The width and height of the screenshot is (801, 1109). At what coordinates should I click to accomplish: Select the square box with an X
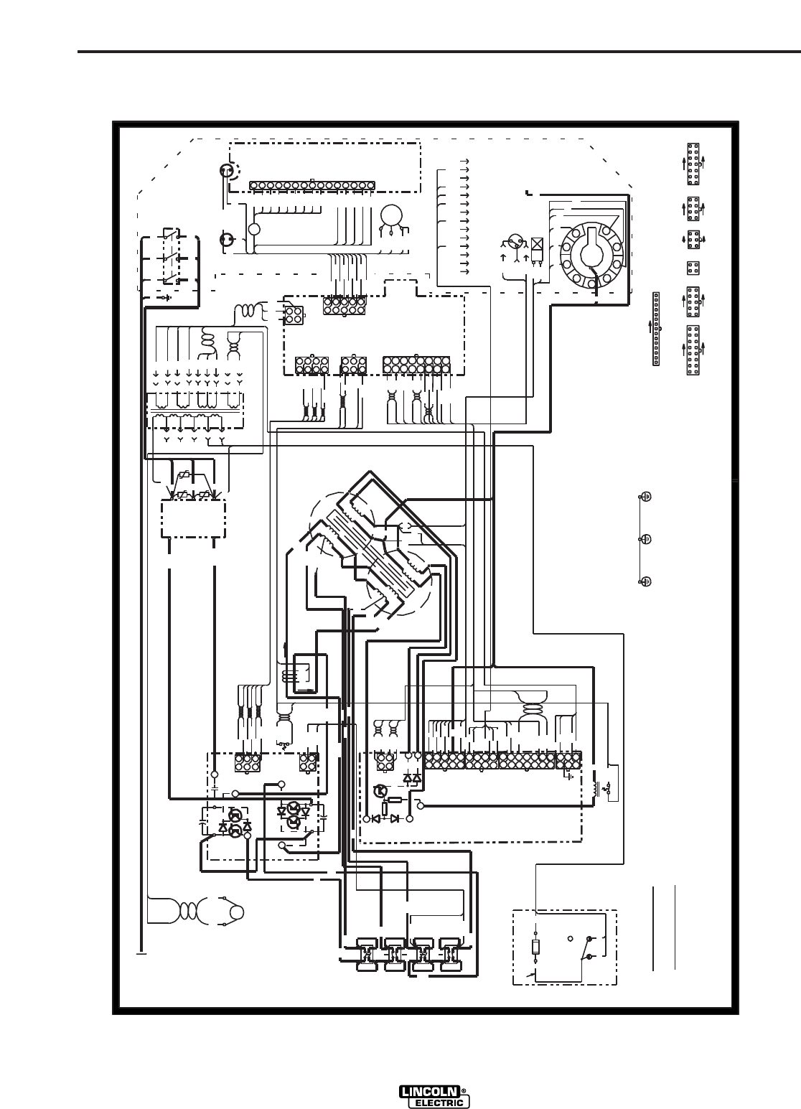[x=537, y=243]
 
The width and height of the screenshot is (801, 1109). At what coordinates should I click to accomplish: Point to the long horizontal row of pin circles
[x=311, y=185]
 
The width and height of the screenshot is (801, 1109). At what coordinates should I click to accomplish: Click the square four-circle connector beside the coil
[x=293, y=315]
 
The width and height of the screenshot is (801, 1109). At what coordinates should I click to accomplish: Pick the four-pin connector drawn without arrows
[x=693, y=267]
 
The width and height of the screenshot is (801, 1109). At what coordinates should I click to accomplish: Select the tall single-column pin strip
[x=656, y=329]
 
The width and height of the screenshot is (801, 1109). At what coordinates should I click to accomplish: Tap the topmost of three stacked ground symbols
[x=645, y=497]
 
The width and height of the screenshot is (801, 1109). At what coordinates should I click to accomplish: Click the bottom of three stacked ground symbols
[x=645, y=581]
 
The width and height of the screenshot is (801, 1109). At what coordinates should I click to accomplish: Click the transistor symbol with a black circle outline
[x=381, y=791]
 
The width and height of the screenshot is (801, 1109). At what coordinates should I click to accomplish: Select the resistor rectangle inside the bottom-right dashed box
[x=535, y=947]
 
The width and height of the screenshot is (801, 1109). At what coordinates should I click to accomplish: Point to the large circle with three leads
[x=391, y=217]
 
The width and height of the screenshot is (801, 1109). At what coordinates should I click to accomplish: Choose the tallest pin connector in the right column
[x=693, y=350]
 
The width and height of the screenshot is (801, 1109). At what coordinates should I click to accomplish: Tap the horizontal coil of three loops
[x=248, y=311]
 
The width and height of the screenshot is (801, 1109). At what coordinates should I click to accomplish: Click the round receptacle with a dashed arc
[x=228, y=172]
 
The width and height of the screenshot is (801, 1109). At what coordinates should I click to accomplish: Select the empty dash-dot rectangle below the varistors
[x=192, y=518]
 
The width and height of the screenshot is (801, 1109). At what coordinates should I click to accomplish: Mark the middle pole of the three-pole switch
[x=170, y=258]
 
